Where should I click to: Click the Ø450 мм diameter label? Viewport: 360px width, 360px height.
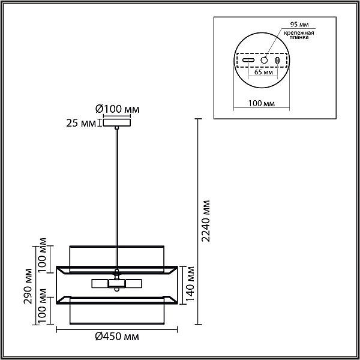(117, 337)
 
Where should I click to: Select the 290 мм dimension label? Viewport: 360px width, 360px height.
(28, 286)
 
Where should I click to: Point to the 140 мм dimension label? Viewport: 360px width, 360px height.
(190, 284)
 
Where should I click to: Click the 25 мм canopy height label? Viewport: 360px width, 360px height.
(81, 123)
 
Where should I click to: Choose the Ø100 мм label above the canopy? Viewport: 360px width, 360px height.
(118, 109)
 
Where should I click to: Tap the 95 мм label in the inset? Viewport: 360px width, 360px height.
(299, 24)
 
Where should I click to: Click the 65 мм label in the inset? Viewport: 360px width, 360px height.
(263, 72)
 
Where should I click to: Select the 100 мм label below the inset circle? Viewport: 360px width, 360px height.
(262, 103)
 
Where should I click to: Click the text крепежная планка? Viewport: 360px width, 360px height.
(299, 35)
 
